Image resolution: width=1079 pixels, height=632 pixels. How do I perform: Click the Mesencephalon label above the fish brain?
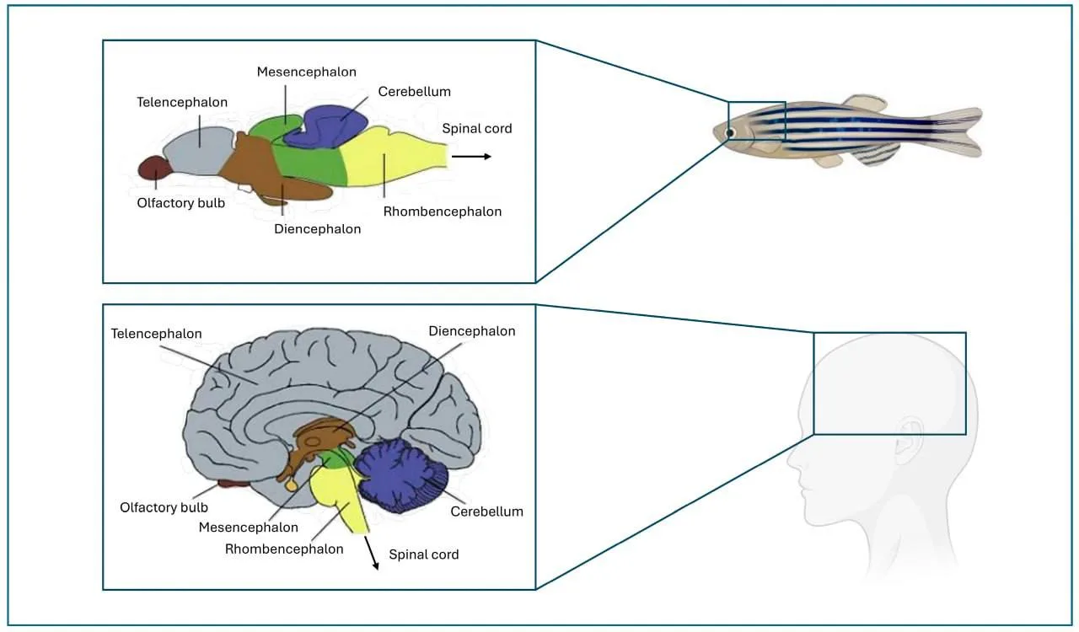(x=306, y=72)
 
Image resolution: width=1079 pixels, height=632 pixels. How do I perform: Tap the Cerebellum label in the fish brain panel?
(x=414, y=92)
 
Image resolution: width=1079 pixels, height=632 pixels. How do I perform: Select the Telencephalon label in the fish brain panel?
(x=182, y=102)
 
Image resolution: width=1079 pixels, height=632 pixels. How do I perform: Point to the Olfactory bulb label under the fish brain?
(x=180, y=203)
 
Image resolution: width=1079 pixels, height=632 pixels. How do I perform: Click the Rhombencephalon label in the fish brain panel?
(x=443, y=212)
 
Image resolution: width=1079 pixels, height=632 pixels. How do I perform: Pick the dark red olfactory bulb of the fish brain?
(x=155, y=169)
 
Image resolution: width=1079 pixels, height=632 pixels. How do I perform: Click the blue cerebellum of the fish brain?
(x=328, y=126)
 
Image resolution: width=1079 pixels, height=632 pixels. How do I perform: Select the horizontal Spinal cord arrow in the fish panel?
(x=471, y=157)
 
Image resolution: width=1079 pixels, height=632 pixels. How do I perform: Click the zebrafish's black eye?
(x=730, y=133)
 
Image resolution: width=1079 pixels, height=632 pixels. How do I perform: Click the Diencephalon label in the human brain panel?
(x=471, y=331)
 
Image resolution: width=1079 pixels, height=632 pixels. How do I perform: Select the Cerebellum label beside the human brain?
(x=486, y=511)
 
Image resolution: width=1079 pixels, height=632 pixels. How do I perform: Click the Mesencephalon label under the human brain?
(x=248, y=528)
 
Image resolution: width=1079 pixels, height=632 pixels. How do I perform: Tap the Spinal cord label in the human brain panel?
(x=423, y=554)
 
